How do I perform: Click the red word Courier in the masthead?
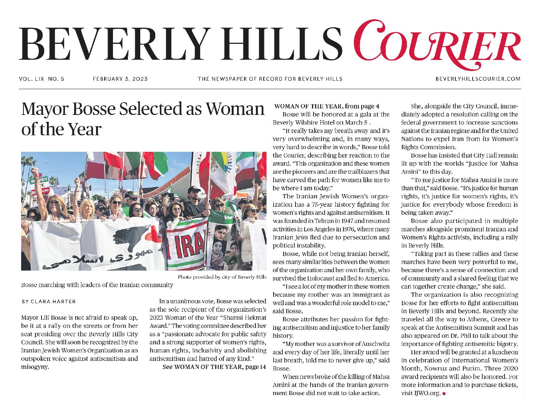click(437, 45)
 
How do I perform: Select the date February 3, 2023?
click(120, 79)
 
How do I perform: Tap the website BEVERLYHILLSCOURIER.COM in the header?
click(478, 79)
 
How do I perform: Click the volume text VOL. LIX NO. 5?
click(41, 79)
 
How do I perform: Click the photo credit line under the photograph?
click(222, 277)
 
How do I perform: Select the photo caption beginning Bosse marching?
click(97, 285)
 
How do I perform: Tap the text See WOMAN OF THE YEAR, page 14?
click(214, 367)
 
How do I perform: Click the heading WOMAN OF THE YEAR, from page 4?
click(327, 106)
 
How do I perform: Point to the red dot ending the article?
click(444, 394)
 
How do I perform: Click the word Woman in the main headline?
click(235, 109)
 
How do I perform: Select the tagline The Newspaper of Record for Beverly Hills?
click(270, 79)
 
